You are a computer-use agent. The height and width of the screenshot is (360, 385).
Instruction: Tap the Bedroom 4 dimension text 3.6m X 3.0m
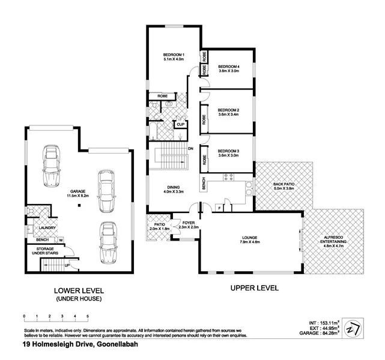pyautogui.click(x=228, y=71)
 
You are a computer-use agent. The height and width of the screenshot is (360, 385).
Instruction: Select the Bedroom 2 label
pyautogui.click(x=228, y=110)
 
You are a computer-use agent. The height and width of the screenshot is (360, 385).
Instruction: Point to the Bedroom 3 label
pyautogui.click(x=228, y=151)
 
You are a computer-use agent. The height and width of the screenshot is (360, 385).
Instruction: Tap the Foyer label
pyautogui.click(x=188, y=223)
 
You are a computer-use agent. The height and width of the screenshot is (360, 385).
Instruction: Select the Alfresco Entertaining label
pyautogui.click(x=333, y=238)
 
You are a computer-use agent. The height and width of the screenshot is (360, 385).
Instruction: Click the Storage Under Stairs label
pyautogui.click(x=47, y=251)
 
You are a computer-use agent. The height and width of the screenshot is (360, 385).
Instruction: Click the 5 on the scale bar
pyautogui.click(x=88, y=316)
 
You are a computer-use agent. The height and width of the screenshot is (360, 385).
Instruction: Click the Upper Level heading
pyautogui.click(x=255, y=288)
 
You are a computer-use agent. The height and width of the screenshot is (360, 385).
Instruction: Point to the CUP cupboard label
pyautogui.click(x=180, y=124)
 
